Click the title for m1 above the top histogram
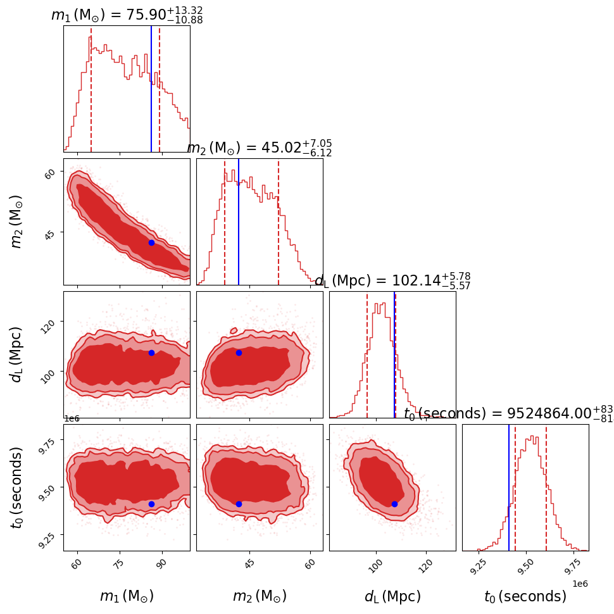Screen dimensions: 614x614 tap(127, 15)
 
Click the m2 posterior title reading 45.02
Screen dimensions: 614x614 tap(260, 148)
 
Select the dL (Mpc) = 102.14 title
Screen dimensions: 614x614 tap(392, 281)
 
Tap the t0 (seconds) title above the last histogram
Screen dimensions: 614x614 tap(506, 414)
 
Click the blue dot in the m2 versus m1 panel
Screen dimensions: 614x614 tap(151, 242)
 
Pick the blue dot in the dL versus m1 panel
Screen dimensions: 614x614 tap(151, 353)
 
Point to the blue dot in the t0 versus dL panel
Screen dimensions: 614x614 tap(394, 504)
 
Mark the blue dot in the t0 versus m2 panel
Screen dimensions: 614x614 tap(239, 504)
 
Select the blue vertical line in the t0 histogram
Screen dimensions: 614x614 tap(509, 487)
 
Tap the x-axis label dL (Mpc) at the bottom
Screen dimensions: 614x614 tap(392, 596)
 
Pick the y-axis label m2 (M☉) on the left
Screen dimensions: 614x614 tap(17, 222)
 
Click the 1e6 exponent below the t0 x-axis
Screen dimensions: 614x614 tap(579, 583)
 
